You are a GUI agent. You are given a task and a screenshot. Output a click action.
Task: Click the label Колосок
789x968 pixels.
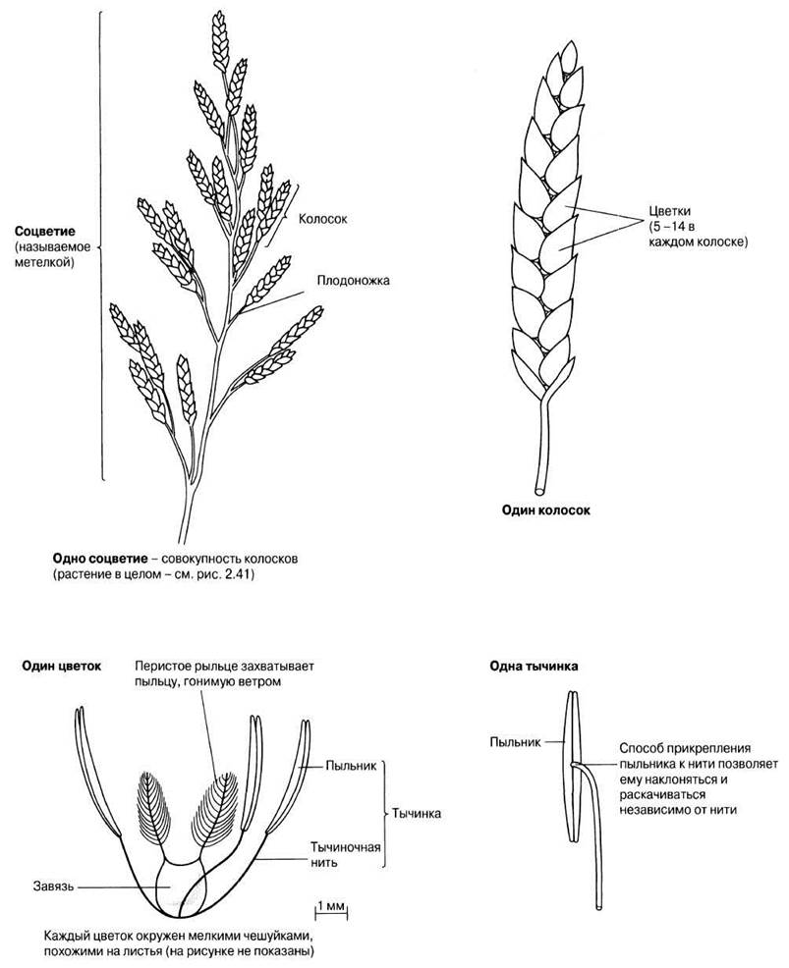[x=322, y=219]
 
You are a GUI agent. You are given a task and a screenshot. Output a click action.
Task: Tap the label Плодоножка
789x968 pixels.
[x=354, y=280]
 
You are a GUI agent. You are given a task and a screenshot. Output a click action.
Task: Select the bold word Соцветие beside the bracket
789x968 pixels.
[x=46, y=232]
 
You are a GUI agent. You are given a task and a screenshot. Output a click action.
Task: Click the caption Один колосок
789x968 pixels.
[x=545, y=511]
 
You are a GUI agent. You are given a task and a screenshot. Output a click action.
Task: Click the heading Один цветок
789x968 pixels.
[x=61, y=667]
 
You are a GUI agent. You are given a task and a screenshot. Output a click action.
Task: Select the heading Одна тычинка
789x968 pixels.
[x=534, y=667]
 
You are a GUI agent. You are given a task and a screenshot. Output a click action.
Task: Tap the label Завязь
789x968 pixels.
[x=53, y=887]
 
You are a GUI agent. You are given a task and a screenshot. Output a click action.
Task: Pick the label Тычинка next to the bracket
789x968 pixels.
[x=417, y=813]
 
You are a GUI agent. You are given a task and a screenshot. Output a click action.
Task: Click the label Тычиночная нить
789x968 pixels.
[x=346, y=854]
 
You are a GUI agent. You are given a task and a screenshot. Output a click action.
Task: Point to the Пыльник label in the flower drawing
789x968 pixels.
[x=351, y=766]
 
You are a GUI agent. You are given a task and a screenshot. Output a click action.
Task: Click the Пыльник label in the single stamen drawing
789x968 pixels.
[x=515, y=742]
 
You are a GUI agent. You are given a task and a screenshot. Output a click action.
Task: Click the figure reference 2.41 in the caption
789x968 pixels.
[x=242, y=575]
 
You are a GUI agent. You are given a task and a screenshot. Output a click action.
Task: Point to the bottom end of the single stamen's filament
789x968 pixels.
[x=598, y=907]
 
